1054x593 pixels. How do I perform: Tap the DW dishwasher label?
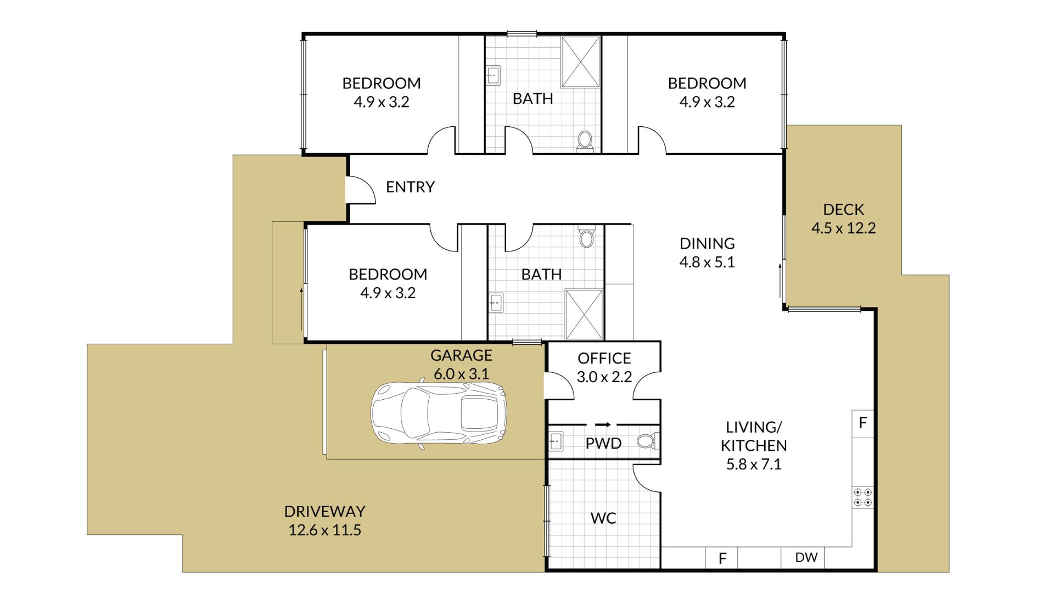point(806,557)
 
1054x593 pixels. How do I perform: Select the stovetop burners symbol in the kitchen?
point(862,497)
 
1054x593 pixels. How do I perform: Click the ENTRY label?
point(410,187)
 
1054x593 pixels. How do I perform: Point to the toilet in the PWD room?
point(647,441)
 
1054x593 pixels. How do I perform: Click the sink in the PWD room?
point(556,441)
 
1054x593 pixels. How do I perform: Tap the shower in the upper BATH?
point(581,61)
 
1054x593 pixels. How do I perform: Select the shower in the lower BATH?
point(584,315)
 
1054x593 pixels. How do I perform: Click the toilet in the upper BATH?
point(585,141)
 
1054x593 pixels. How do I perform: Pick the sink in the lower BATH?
point(496,303)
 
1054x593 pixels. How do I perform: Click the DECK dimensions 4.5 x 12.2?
point(844,228)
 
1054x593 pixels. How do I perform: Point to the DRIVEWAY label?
point(324,511)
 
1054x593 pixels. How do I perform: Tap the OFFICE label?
point(604,359)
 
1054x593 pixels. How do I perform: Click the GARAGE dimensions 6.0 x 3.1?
point(461,374)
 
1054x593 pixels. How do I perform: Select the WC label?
point(603,518)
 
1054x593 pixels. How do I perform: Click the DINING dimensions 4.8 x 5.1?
point(707,262)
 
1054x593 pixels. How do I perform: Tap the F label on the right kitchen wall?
point(862,423)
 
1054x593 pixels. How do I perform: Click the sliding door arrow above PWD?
point(603,424)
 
